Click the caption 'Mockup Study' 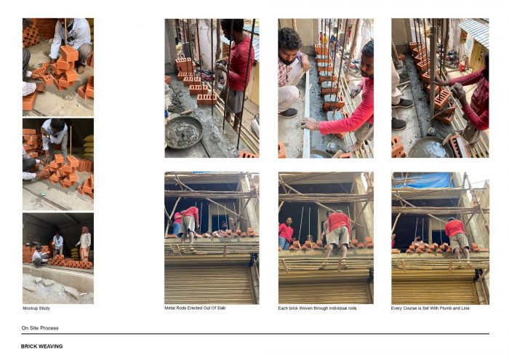click(x=36, y=308)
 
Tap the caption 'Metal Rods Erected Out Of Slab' click(x=195, y=308)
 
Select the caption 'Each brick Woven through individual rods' click(x=317, y=308)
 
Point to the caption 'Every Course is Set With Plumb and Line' click(x=430, y=308)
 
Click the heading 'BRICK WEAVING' click(x=42, y=346)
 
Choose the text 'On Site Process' click(x=40, y=328)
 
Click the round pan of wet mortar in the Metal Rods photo click(x=184, y=132)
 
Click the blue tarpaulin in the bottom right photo click(x=423, y=180)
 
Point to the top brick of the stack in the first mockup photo click(x=69, y=53)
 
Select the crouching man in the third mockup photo click(x=40, y=256)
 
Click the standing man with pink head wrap click(x=84, y=244)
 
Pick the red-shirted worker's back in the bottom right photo click(x=454, y=228)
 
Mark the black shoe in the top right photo click(x=402, y=103)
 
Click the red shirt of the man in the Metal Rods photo click(x=239, y=63)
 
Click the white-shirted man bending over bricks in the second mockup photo click(x=54, y=134)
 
